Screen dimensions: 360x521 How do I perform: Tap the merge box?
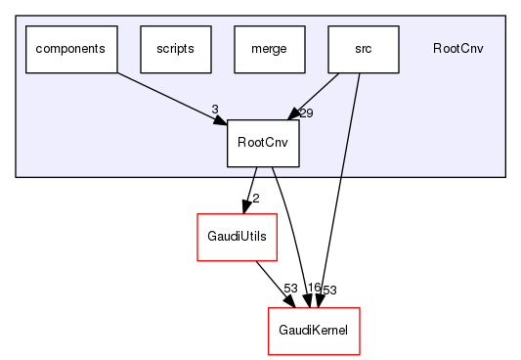[270, 48]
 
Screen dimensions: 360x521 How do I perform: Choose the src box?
[364, 48]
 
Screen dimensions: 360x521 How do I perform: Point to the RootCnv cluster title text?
[457, 48]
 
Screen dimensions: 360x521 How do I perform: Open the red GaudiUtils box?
[233, 237]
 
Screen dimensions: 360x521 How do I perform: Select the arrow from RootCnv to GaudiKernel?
[291, 235]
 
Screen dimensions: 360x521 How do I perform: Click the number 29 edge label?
[306, 114]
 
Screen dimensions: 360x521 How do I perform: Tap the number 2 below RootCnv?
[255, 199]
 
